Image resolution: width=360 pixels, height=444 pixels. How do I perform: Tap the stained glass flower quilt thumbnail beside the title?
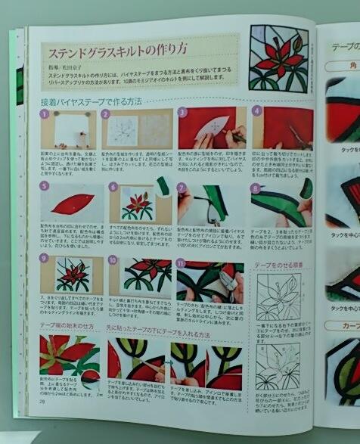pos(278,58)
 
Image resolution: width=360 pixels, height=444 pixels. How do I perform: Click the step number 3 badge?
pos(182,112)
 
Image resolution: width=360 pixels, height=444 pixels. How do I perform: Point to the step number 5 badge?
pos(45,186)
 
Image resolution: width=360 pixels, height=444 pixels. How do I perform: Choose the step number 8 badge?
pos(255,186)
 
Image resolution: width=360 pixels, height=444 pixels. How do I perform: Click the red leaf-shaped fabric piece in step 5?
pos(73,202)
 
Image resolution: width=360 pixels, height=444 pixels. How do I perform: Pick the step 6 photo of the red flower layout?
pos(138,202)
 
